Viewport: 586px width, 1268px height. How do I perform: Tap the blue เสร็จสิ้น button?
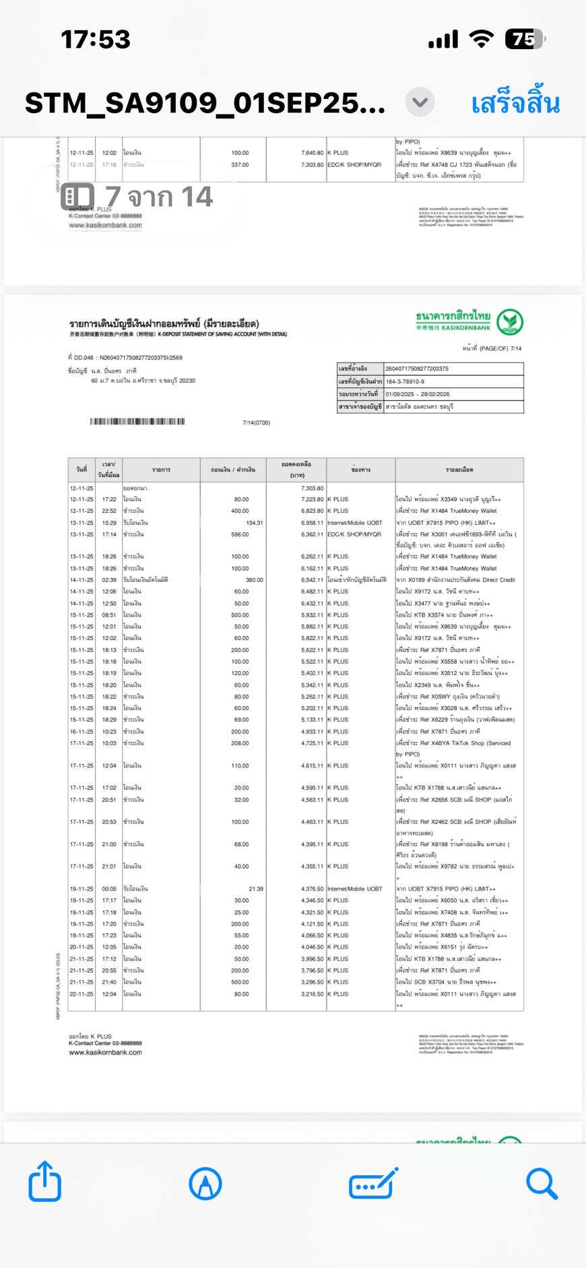[x=515, y=104]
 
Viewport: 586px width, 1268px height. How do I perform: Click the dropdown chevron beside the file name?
[x=420, y=102]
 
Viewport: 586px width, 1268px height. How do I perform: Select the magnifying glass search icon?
[x=542, y=1183]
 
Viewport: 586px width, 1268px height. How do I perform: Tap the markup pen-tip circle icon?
[x=205, y=1184]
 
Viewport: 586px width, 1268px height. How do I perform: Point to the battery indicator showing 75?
[x=525, y=40]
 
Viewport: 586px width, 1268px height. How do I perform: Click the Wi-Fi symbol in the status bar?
[x=481, y=39]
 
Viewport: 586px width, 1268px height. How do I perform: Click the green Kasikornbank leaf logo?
[x=510, y=322]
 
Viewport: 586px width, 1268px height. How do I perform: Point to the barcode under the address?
[x=137, y=422]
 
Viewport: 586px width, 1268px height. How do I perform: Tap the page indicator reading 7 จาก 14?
[x=138, y=197]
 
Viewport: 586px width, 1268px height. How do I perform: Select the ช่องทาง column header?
[x=361, y=470]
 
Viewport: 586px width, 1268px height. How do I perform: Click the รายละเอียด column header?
[x=459, y=470]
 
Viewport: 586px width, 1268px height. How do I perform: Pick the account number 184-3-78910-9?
[x=405, y=381]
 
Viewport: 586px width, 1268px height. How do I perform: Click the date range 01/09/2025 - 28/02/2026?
[x=418, y=394]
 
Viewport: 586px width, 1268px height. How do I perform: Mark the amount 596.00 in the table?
[x=240, y=534]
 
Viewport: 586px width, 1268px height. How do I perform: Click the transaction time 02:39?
[x=109, y=580]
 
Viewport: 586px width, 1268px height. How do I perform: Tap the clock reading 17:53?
[x=96, y=40]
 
